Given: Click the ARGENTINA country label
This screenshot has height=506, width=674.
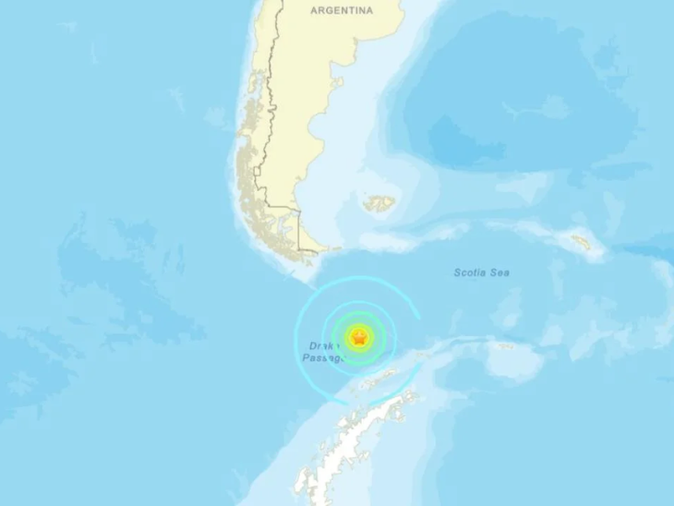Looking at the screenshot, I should tap(342, 10).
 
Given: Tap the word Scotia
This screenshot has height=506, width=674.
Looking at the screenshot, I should tap(471, 272).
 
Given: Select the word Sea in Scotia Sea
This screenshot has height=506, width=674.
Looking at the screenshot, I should tap(499, 272).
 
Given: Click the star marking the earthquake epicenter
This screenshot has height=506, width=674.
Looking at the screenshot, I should tap(359, 338).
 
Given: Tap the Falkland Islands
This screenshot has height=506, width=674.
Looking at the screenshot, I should tap(379, 203).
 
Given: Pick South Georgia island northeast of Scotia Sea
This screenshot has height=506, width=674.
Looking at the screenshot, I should tap(582, 243).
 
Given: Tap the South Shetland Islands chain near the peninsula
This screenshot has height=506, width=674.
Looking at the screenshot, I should tap(379, 379).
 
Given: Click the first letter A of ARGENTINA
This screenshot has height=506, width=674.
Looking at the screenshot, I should tap(314, 10).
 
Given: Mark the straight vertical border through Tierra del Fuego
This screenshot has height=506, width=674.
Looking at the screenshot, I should tap(299, 235).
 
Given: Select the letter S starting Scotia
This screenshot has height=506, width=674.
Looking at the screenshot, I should tap(456, 272).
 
